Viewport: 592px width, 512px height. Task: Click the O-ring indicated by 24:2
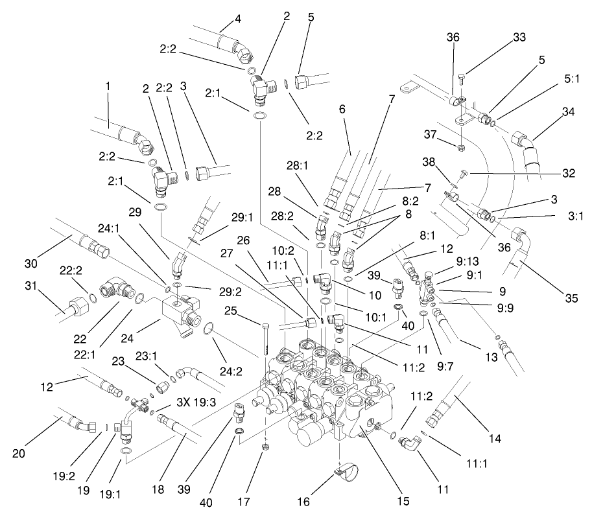(207, 331)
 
